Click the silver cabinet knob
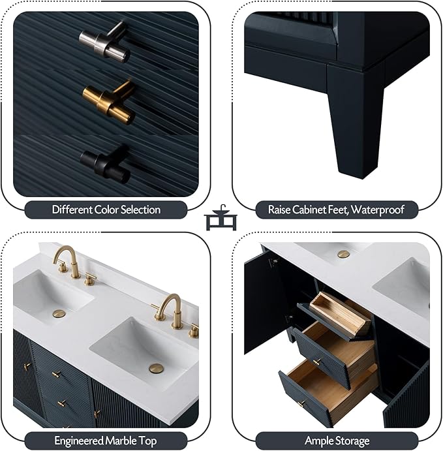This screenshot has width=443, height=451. tap(104, 42)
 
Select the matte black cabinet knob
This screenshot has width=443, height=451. tap(106, 162)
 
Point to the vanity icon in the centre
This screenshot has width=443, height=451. tap(221, 218)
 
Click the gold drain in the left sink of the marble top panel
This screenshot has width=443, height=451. tap(59, 313)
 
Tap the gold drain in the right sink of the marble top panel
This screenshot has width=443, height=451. tap(157, 369)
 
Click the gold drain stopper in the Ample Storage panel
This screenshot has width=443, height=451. tap(344, 254)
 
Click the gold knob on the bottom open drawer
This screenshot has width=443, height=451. tap(301, 403)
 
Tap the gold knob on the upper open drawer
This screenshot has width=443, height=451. tap(317, 362)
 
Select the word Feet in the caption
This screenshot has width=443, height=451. tap(337, 210)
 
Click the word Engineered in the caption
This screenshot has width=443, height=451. tap(78, 441)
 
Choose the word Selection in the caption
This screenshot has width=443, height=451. tap(140, 210)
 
